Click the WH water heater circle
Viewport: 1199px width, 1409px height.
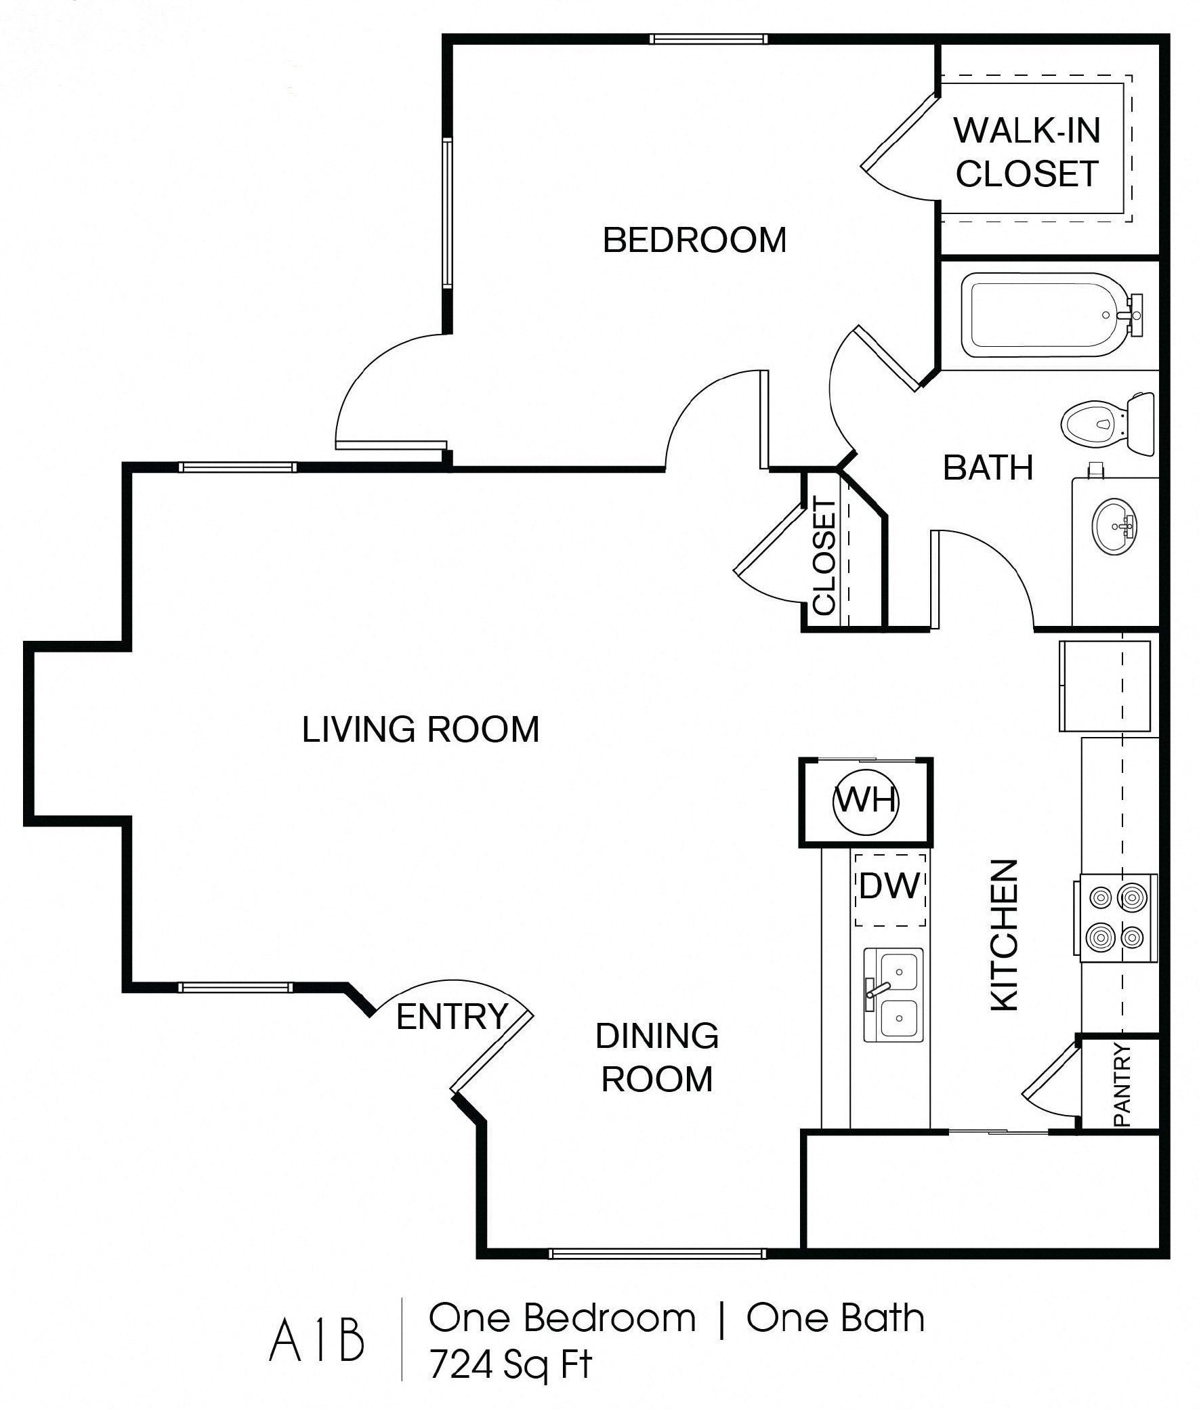coord(865,802)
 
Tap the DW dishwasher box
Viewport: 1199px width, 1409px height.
coord(889,889)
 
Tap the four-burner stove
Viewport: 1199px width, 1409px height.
coord(1116,919)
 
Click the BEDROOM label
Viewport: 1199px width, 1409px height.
coord(694,240)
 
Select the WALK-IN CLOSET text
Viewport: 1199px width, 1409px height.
coord(1027,152)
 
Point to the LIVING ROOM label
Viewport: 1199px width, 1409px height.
coord(420,730)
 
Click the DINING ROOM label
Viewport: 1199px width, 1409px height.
coord(656,1057)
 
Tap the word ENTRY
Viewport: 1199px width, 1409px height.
coord(452,1017)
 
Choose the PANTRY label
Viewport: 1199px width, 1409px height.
coord(1122,1085)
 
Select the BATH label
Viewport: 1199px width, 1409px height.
coord(988,467)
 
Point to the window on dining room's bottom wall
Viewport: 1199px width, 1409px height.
coord(656,1254)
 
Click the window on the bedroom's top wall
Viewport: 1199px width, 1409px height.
coord(709,39)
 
